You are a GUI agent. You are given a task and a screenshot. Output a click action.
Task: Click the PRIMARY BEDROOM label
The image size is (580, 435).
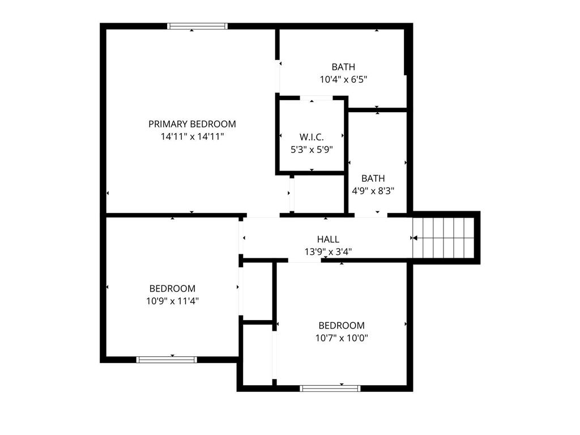[x=192, y=124]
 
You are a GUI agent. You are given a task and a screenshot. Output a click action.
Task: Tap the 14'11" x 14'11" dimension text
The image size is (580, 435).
[x=193, y=137]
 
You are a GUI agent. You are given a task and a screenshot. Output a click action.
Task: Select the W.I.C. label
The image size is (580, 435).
[x=312, y=137]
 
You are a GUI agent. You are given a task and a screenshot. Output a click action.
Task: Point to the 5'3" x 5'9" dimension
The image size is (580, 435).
[x=312, y=150]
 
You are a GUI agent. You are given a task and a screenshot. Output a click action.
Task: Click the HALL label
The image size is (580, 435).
[x=328, y=240]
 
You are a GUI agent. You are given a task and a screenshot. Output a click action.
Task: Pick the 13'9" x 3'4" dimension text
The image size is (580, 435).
[x=328, y=252]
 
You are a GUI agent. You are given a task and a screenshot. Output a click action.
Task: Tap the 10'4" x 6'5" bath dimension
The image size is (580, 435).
[x=344, y=79]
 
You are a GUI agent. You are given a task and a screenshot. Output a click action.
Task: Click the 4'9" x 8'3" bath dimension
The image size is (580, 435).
[x=373, y=191]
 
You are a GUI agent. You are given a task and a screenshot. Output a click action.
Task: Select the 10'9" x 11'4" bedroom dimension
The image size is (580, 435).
[x=172, y=301]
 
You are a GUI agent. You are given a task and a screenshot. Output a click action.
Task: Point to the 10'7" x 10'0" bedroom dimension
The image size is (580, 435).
[x=342, y=338]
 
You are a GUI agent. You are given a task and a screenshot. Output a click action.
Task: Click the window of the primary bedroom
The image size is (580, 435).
[x=197, y=26]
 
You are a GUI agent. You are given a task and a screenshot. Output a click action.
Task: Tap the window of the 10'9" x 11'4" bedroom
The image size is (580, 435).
[x=167, y=360]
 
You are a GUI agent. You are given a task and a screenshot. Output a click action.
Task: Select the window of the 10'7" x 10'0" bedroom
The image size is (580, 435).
[x=330, y=389]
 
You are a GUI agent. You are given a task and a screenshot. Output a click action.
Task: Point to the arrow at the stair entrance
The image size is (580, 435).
[x=414, y=238]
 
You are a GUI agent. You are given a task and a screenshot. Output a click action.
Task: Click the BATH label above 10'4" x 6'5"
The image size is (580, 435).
[x=343, y=67]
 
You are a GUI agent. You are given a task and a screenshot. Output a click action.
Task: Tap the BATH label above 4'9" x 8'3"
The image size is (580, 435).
[x=373, y=178]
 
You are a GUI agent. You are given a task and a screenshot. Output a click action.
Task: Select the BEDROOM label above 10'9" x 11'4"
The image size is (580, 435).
[x=172, y=288]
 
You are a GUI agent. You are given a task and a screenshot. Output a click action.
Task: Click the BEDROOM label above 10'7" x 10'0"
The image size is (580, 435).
[x=342, y=326]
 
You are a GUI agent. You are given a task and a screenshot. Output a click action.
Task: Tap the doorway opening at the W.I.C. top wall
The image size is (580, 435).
[x=316, y=98]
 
